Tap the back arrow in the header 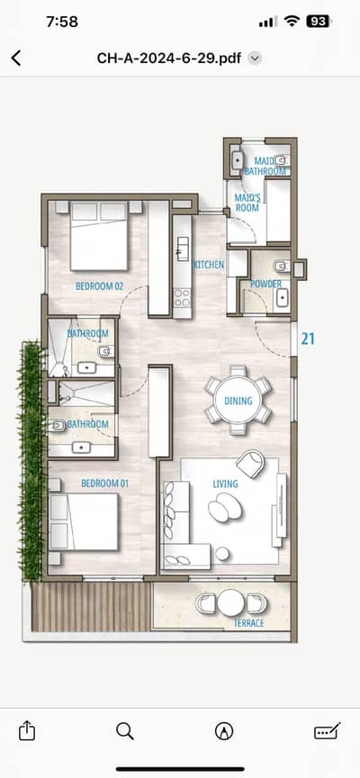[x=16, y=58]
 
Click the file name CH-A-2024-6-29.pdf [x=168, y=58]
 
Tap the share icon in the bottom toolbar [x=27, y=731]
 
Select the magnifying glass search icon [x=125, y=731]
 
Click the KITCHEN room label [x=208, y=265]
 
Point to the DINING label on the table [x=238, y=401]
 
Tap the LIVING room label [x=225, y=484]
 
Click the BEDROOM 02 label [x=99, y=286]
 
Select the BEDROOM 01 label [x=105, y=484]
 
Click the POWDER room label [x=265, y=284]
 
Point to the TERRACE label [x=249, y=623]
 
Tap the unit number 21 [x=308, y=339]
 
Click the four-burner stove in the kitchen [x=182, y=298]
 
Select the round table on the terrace [x=231, y=602]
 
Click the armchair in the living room [x=251, y=464]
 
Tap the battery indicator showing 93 [x=319, y=22]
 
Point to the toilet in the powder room [x=282, y=267]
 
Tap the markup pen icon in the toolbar [x=224, y=731]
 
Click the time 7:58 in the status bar [x=62, y=22]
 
